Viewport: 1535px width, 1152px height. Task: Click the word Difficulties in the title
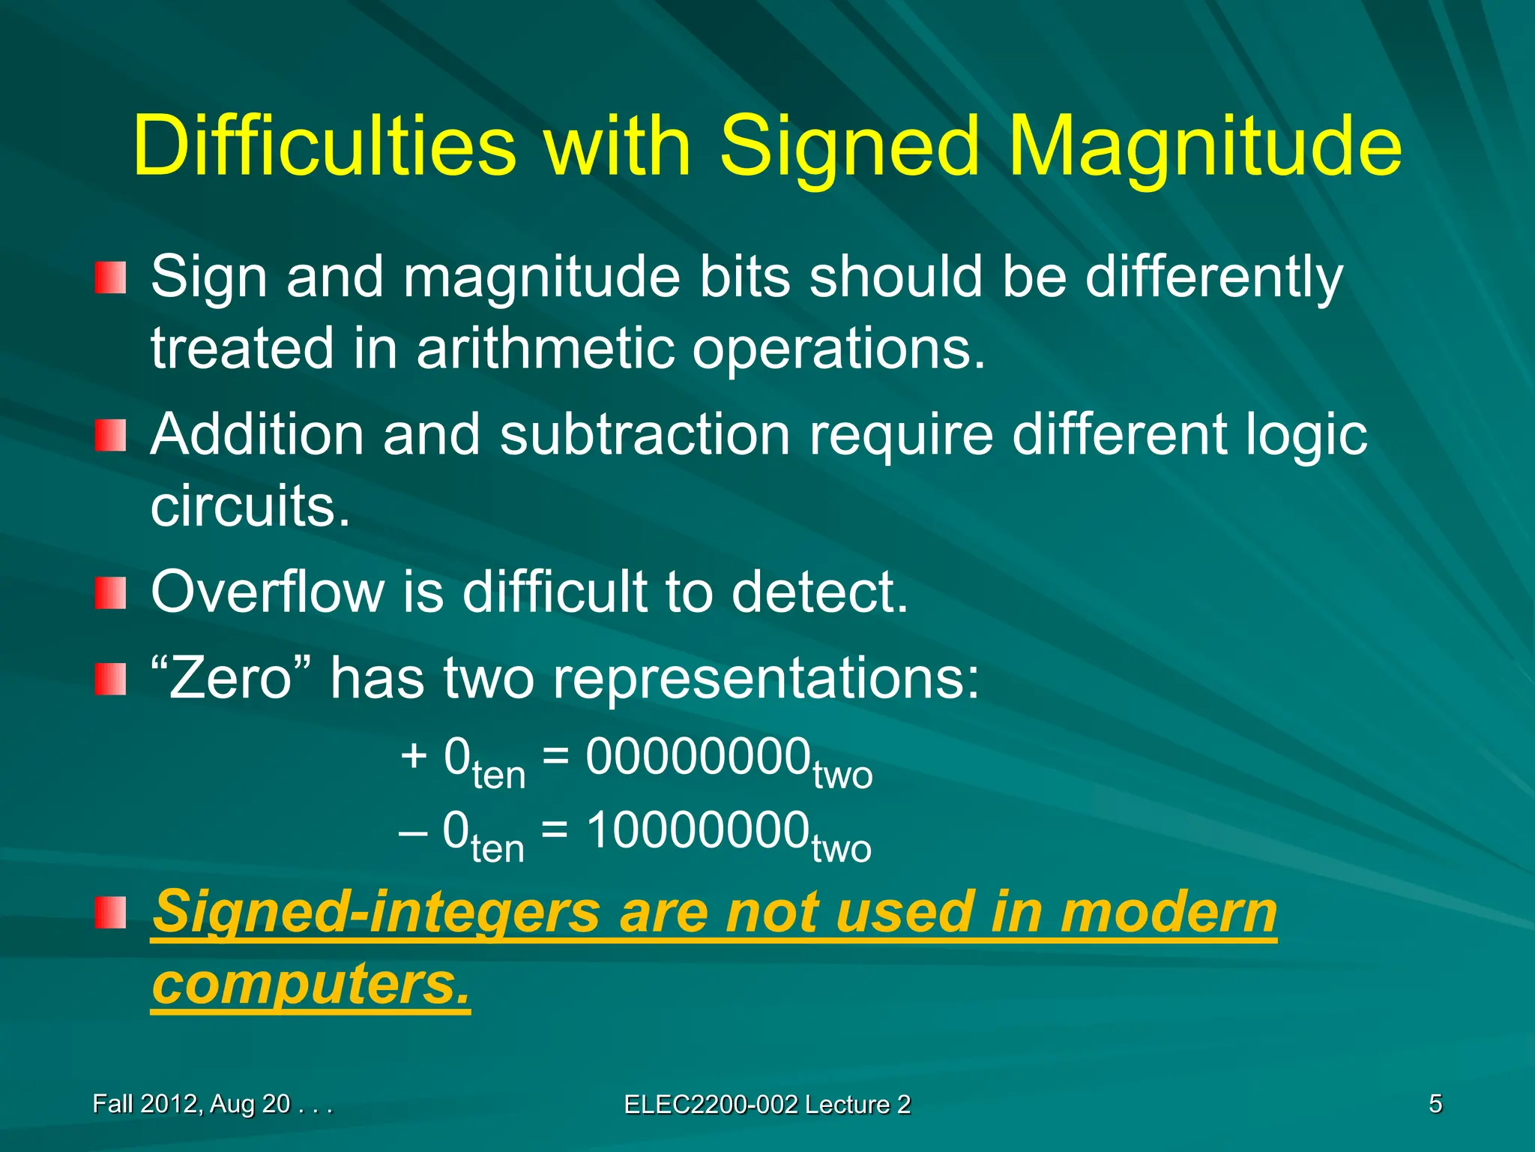pyautogui.click(x=324, y=146)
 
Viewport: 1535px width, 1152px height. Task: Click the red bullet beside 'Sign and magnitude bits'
pyautogui.click(x=110, y=277)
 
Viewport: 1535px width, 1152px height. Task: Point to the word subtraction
pyautogui.click(x=645, y=434)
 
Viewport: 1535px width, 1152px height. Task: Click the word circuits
pyautogui.click(x=250, y=505)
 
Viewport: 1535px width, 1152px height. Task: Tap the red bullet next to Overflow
pyautogui.click(x=110, y=593)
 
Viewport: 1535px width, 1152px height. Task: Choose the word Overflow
pyautogui.click(x=267, y=592)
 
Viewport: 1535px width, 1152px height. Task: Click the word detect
pyautogui.click(x=818, y=592)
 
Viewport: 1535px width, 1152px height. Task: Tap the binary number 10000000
pyautogui.click(x=697, y=830)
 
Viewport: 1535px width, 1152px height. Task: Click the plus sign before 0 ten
pyautogui.click(x=414, y=755)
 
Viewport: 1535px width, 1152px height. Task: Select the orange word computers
pyautogui.click(x=310, y=984)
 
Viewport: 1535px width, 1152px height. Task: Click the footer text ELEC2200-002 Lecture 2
pyautogui.click(x=767, y=1105)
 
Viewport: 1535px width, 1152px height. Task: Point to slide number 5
pyautogui.click(x=1435, y=1104)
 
